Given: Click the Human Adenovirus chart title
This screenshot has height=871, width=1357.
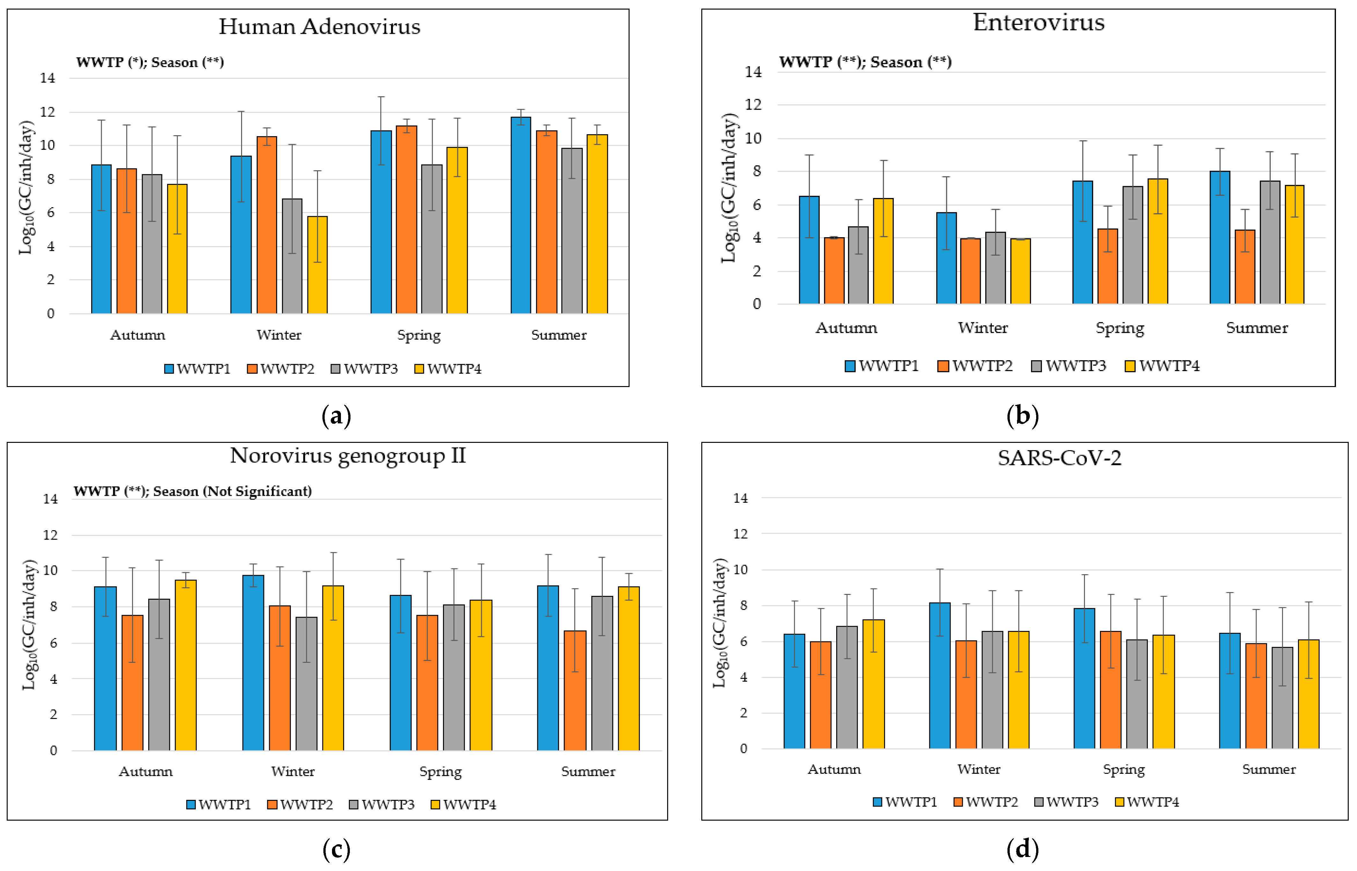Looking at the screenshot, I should point(320,26).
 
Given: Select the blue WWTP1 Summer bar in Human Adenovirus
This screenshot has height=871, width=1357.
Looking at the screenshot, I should point(520,215).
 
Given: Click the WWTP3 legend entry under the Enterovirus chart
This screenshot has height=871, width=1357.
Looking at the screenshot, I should point(1068,366).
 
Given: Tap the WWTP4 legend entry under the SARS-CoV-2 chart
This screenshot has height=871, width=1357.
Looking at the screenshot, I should point(1147,802).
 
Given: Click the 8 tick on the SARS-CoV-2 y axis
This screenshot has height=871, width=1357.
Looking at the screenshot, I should point(741,605).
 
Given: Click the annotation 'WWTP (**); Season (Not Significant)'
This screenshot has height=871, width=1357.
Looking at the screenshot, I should point(192,491).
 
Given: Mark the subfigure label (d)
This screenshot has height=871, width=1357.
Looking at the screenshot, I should point(1023,850).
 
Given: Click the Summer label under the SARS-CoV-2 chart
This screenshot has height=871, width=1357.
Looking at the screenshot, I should point(1269,769).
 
